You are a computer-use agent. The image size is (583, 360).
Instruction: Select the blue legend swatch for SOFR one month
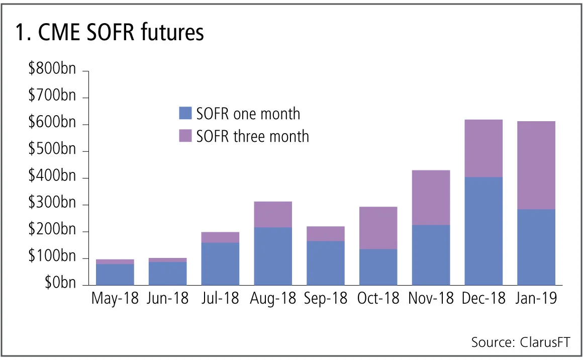point(185,113)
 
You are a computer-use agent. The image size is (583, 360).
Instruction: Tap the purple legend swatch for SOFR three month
point(185,136)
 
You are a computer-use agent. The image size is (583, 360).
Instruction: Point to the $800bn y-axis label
point(52,68)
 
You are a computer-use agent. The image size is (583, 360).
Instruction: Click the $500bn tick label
point(52,150)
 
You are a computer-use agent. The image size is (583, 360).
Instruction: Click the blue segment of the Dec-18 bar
point(483,231)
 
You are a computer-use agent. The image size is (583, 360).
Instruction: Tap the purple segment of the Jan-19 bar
point(536,165)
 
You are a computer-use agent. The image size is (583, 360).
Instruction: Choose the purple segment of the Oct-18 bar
point(378,228)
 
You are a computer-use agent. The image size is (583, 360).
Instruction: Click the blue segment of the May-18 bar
point(115,275)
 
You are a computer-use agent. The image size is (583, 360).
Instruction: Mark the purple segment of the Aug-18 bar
point(273,214)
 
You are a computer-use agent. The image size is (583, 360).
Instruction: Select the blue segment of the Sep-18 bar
point(326,263)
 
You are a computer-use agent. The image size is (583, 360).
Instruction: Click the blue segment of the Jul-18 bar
point(220,264)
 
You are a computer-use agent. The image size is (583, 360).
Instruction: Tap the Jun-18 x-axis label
point(168,298)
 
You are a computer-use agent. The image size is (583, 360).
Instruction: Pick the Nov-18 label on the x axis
point(431,298)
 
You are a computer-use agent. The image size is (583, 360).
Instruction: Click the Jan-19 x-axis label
point(536,298)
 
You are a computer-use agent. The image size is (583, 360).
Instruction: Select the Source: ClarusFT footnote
point(520,342)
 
